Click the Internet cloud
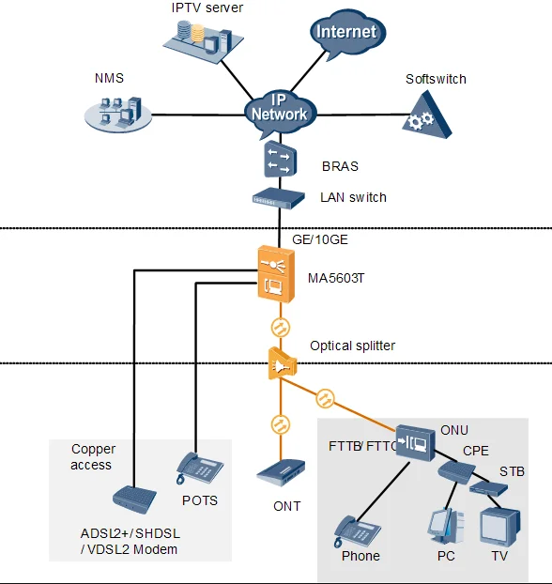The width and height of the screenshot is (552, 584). [347, 34]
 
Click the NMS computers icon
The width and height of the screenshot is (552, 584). [118, 114]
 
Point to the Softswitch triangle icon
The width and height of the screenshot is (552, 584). [426, 116]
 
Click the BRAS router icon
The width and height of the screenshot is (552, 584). [281, 159]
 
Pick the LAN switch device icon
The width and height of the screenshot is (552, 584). [279, 198]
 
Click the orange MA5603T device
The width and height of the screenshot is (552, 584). [276, 274]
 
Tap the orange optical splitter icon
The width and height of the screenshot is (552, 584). [282, 363]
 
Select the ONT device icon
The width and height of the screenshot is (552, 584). [282, 473]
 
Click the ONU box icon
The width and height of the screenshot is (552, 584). [415, 443]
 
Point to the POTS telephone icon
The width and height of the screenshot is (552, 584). [199, 469]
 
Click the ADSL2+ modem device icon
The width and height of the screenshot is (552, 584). [134, 499]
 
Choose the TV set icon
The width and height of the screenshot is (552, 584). [499, 527]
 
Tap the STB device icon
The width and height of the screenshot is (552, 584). [488, 488]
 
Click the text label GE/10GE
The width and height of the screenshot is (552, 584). [320, 239]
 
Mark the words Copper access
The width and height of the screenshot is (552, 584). [93, 457]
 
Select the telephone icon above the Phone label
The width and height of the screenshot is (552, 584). [357, 531]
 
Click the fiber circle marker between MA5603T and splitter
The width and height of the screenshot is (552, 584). [281, 328]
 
